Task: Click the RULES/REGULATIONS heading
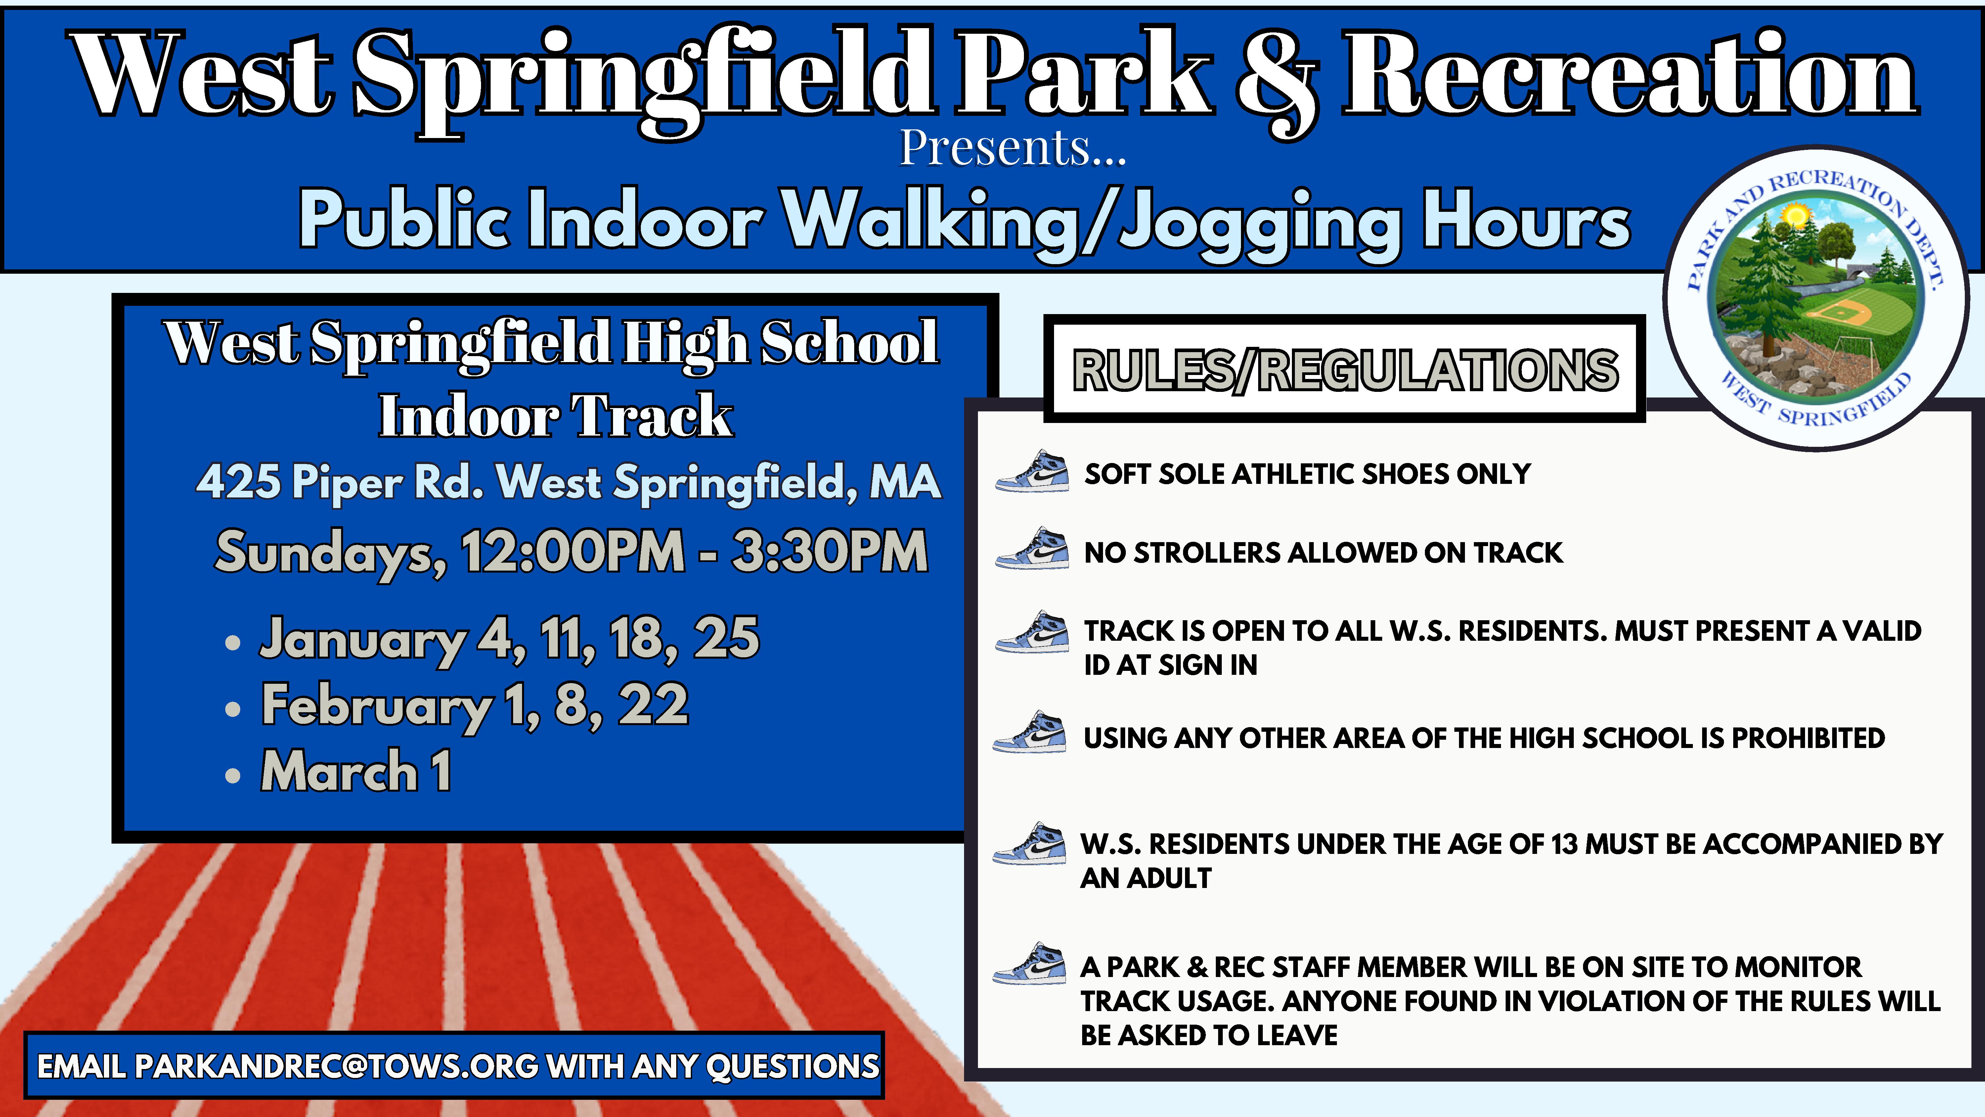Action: (x=1345, y=370)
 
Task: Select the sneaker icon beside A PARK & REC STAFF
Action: (x=1030, y=963)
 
